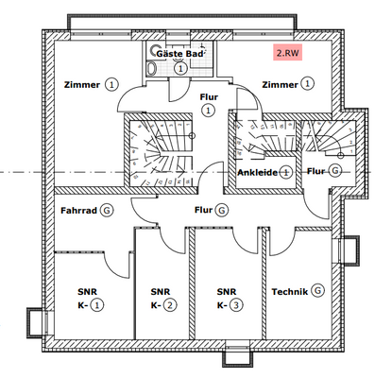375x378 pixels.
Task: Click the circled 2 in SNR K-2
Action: point(170,305)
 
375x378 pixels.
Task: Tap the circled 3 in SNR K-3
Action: point(236,305)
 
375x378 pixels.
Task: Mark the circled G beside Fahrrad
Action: point(107,211)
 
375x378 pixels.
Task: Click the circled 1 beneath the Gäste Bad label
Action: point(180,69)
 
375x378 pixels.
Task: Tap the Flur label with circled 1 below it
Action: point(209,96)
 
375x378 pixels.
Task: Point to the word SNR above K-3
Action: point(226,291)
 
